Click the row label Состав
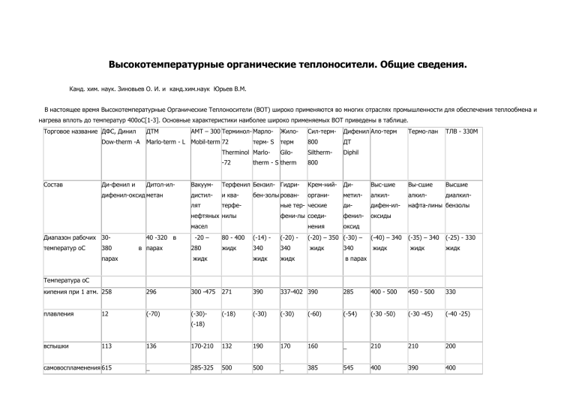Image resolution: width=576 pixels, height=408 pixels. [x=55, y=183]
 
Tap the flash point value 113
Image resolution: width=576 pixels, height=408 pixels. [x=107, y=348]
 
